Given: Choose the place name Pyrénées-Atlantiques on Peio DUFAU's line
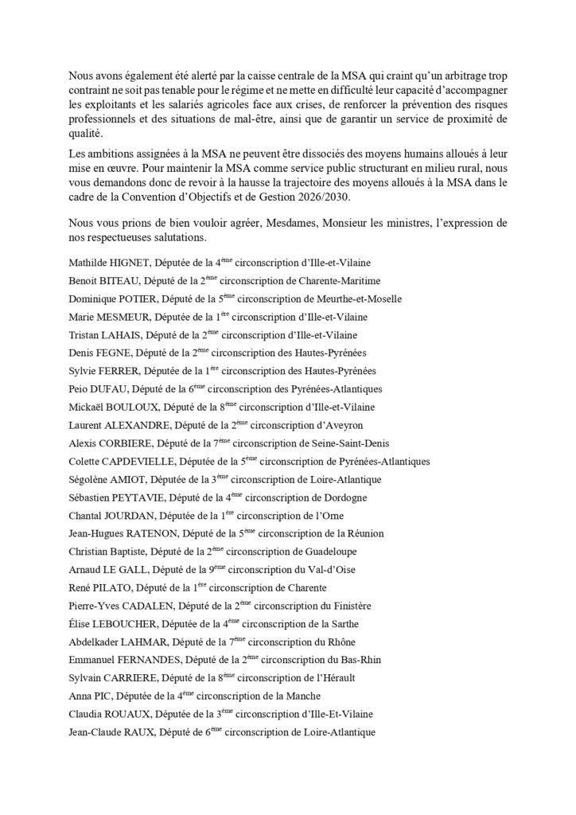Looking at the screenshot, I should (x=331, y=389).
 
